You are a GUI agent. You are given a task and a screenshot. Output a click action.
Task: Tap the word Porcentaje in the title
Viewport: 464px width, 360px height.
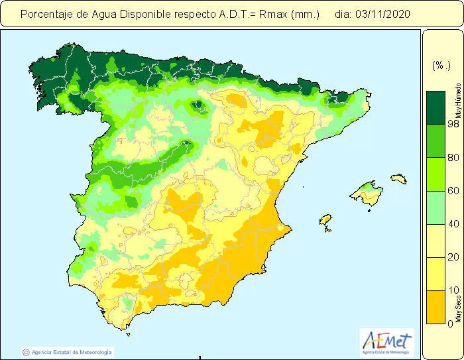coord(46,13)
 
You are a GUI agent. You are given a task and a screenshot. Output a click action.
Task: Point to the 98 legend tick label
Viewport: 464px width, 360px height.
coord(435,124)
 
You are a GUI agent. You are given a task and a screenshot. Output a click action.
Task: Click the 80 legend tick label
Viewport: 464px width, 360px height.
coord(435,158)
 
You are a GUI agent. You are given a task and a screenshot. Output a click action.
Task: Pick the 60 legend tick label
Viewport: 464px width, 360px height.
coord(435,191)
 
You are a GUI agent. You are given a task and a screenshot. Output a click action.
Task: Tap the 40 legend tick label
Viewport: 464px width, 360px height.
coord(435,224)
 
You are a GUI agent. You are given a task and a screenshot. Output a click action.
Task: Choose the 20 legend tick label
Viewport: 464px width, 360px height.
coord(435,257)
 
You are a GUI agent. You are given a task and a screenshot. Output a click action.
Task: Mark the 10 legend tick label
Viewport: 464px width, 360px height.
coord(435,290)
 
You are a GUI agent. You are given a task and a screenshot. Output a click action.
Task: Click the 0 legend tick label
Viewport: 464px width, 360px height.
coord(432,324)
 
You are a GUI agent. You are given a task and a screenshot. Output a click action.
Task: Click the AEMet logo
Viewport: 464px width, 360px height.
coord(387,343)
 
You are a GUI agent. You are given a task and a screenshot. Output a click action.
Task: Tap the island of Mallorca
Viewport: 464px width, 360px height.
coord(367,194)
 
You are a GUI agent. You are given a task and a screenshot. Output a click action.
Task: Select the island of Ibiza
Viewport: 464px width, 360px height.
coord(325,219)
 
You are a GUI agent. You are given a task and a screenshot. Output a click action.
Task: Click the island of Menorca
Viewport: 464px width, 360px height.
coord(398,178)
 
